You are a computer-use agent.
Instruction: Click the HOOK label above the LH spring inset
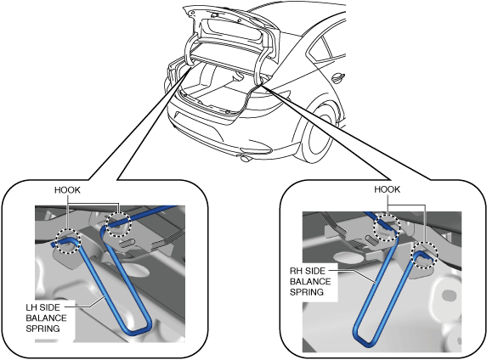67,190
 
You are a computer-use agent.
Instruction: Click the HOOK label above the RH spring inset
387,189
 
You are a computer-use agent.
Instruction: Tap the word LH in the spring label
31,307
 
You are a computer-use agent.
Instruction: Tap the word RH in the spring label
296,271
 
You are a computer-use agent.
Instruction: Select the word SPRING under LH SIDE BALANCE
42,329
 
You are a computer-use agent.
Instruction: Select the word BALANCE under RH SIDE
310,282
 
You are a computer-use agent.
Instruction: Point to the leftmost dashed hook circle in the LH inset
68,241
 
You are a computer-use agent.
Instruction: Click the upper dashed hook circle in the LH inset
119,224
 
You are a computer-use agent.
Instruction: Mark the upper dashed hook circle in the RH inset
387,228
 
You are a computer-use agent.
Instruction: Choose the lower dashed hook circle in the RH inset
425,255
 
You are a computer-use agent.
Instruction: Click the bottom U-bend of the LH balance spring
139,331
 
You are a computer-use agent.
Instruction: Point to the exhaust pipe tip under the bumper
245,159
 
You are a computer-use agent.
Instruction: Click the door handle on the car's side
338,77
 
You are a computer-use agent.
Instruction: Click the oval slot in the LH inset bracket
127,242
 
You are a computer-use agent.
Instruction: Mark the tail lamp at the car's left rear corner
172,72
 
